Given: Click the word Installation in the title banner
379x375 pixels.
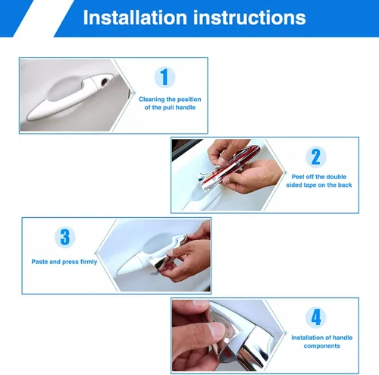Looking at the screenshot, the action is pos(135,17).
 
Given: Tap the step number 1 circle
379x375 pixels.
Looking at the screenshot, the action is pos(164,77).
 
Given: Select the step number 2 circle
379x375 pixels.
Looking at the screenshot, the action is pos(316,156).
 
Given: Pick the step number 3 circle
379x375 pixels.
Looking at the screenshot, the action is pos(65,237).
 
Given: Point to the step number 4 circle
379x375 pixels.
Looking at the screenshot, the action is pos(316,317).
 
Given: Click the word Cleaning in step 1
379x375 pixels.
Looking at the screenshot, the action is pos(152,99).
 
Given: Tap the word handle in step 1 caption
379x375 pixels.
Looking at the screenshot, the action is pos(186,108).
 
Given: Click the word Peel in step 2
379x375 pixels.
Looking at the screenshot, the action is pos(298,177).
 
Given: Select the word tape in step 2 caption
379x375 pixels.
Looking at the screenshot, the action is pos(310,185).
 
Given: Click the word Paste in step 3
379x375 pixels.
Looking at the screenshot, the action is pos(39,262).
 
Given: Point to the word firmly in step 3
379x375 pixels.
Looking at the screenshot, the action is pos(89,262).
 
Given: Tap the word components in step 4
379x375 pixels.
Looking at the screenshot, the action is pos(321,346).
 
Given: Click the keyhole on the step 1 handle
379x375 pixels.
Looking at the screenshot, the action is pos(104,82).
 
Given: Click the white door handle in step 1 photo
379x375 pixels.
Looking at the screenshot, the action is pos(68,97).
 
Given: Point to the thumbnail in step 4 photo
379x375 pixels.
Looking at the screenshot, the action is pos(217,331).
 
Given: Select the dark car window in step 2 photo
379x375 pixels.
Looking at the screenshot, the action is pos(186,149).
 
